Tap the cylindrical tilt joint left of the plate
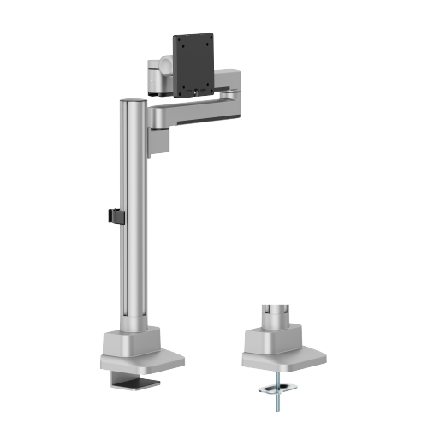(163, 67)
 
